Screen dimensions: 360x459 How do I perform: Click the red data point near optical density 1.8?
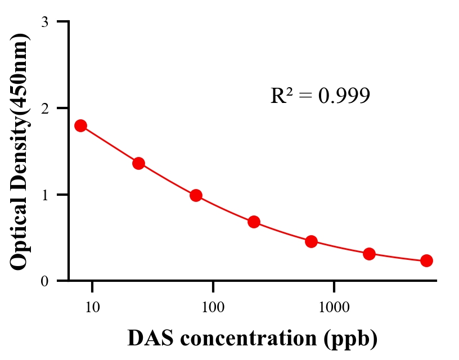click(80, 125)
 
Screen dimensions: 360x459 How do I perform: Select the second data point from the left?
click(138, 163)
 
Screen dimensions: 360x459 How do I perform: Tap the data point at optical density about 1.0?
click(196, 195)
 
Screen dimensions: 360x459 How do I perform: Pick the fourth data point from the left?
click(254, 222)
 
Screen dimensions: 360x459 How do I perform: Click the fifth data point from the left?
click(311, 241)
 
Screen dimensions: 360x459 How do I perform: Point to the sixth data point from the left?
click(369, 254)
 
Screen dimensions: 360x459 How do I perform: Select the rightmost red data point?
click(426, 260)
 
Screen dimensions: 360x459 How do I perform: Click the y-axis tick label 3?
click(44, 22)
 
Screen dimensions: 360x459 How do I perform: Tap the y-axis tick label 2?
click(44, 108)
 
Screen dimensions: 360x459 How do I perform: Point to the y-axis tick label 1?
click(44, 195)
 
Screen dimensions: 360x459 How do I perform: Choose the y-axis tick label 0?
click(44, 281)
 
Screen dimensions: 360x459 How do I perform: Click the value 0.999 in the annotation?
click(344, 96)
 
